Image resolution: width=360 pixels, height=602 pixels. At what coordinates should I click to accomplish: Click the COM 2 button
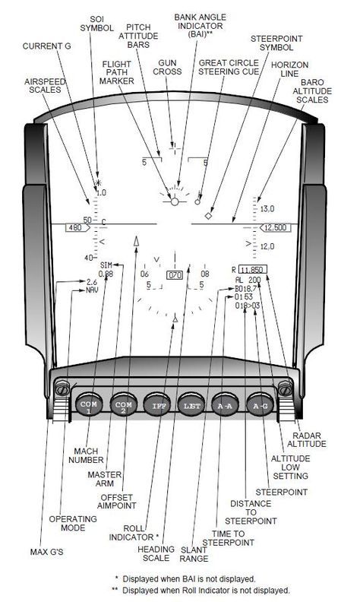click(123, 404)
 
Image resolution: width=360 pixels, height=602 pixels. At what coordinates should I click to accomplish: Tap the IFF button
click(157, 404)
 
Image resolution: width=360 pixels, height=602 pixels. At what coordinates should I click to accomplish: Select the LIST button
click(191, 404)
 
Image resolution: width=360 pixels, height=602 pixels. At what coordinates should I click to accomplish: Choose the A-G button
click(260, 404)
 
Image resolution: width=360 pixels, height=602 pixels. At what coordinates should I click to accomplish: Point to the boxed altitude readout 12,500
click(275, 228)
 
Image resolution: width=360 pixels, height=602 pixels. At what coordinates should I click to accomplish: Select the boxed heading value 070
click(175, 275)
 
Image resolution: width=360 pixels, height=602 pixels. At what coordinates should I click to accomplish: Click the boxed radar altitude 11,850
click(253, 269)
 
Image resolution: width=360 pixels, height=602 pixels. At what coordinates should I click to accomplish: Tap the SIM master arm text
click(106, 265)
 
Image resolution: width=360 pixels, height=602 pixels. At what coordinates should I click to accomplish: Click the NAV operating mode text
click(92, 290)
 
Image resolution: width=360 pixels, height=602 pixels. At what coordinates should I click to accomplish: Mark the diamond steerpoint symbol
click(208, 216)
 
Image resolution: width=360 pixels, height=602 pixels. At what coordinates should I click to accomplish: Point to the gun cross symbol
click(175, 147)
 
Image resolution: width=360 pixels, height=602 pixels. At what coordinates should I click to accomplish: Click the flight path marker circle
click(175, 201)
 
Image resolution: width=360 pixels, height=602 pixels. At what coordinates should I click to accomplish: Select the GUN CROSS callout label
click(167, 67)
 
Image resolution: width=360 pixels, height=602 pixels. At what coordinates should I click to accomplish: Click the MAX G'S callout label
click(47, 552)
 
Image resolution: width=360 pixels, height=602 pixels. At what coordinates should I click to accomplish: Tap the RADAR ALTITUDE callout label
click(307, 439)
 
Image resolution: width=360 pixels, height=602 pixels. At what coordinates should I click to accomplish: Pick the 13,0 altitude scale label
click(267, 209)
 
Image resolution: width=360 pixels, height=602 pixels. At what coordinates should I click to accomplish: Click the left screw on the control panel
click(62, 388)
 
